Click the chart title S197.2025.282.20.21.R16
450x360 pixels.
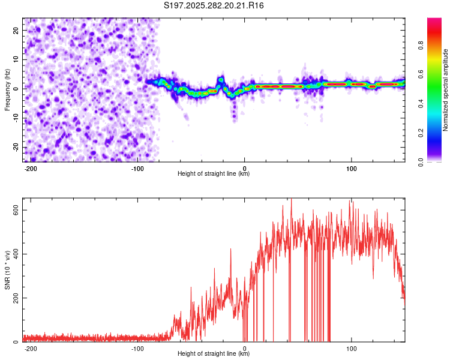coord(214,5)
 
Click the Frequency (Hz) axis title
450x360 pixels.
coord(7,90)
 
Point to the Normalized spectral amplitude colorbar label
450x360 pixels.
coord(446,90)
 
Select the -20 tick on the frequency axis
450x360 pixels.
coord(16,148)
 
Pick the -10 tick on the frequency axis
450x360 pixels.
coord(16,118)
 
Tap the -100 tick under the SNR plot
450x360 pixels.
coord(137,349)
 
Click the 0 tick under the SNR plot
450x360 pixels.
coord(244,349)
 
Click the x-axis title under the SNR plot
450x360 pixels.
coord(214,355)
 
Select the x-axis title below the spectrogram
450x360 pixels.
coord(214,174)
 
